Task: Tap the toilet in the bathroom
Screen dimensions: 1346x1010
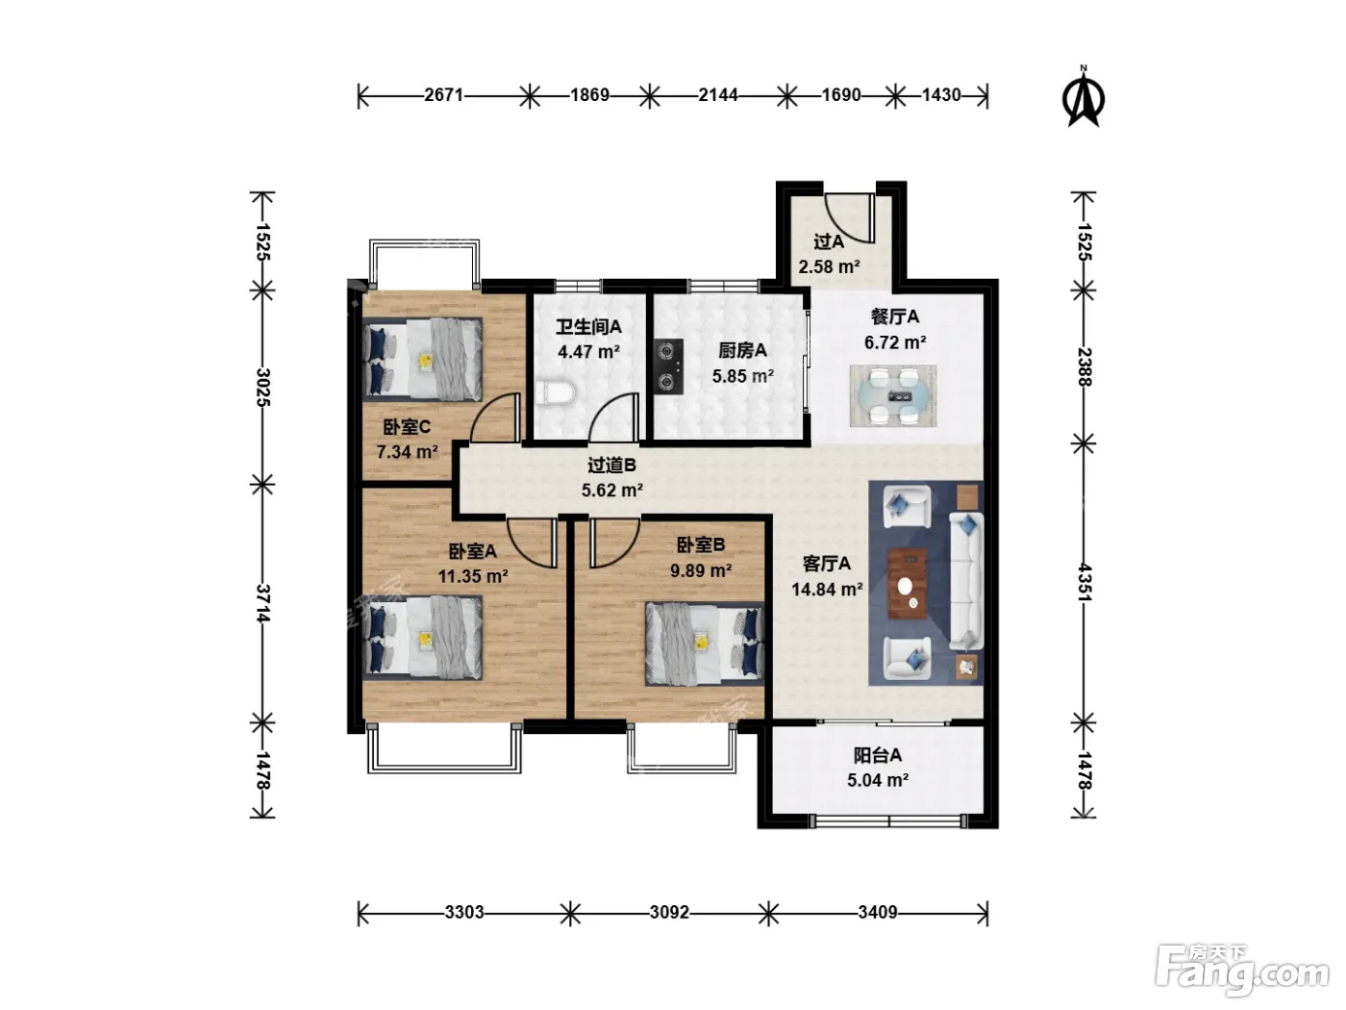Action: tap(555, 392)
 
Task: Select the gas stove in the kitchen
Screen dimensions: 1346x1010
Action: tap(668, 366)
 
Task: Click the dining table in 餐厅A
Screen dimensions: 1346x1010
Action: tap(893, 395)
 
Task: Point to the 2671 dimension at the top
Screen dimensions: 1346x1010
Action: tap(443, 95)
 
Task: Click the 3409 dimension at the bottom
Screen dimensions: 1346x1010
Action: tap(878, 913)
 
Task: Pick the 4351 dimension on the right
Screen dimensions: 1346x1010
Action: tap(1084, 583)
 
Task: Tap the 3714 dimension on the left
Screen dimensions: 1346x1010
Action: tap(262, 603)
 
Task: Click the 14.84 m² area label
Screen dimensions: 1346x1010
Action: tap(827, 590)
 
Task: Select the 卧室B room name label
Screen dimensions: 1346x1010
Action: tap(701, 543)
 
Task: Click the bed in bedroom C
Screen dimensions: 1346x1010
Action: tap(422, 359)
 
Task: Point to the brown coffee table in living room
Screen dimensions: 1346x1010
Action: tap(908, 584)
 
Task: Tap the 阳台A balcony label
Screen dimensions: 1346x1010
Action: tap(878, 755)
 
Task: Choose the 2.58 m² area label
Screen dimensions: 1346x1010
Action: tap(829, 266)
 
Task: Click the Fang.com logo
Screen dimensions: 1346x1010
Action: tap(1242, 971)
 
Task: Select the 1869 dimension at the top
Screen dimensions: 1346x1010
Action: tap(590, 95)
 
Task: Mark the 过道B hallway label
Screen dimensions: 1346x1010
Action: tap(612, 466)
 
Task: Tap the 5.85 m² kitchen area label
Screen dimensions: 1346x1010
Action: tap(742, 376)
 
